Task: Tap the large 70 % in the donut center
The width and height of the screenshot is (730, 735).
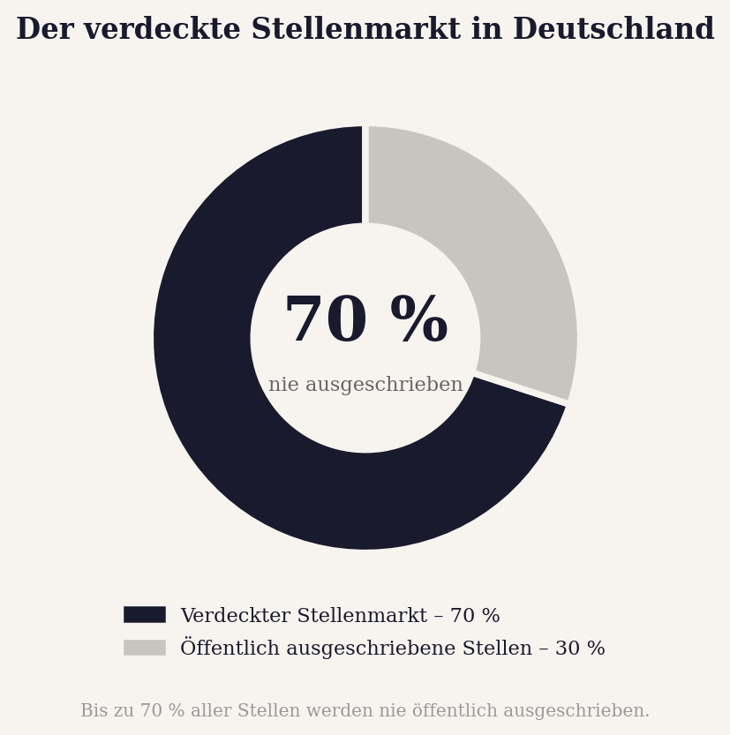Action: [365, 321]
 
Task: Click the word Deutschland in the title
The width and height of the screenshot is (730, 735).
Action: [613, 30]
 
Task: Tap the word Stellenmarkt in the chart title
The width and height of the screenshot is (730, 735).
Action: [356, 30]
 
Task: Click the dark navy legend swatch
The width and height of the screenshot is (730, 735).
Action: [144, 615]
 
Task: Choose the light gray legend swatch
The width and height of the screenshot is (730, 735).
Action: [144, 648]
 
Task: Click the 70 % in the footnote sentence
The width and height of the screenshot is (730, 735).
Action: [163, 711]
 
